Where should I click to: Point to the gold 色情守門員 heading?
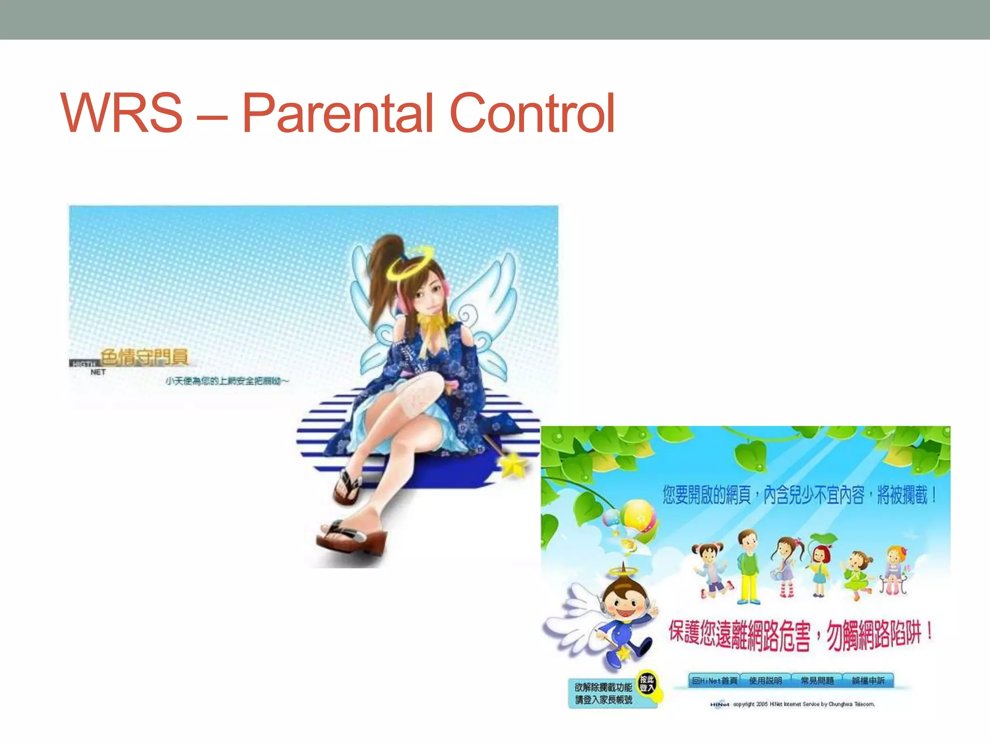point(144,357)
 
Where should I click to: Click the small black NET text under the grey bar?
point(98,372)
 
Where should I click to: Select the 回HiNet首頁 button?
point(714,681)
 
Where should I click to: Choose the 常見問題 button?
point(817,681)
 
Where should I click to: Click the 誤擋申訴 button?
point(868,681)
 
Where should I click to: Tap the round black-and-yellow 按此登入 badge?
point(647,684)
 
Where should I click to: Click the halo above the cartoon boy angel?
point(623,571)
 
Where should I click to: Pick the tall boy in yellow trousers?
point(748,566)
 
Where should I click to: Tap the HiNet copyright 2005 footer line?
point(793,704)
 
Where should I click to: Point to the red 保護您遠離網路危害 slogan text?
point(740,634)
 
